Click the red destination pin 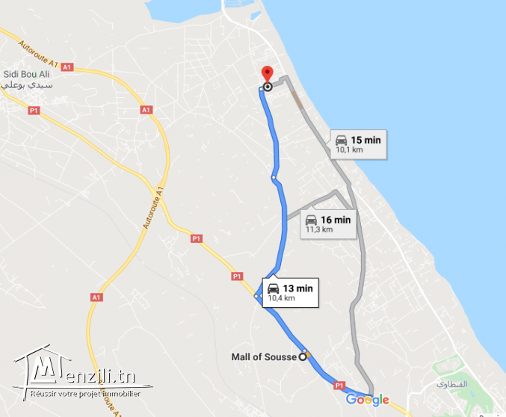click(x=267, y=74)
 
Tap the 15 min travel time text click(x=366, y=140)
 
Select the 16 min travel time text click(x=336, y=220)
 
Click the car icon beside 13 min click(x=274, y=288)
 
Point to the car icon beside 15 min click(x=341, y=140)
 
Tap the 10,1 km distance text click(x=349, y=149)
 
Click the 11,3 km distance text click(x=318, y=229)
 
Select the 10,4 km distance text click(x=281, y=298)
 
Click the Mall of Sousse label click(x=263, y=357)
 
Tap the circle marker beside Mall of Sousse click(x=303, y=356)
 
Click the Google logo click(x=367, y=400)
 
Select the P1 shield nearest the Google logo click(x=338, y=386)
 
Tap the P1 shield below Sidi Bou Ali click(x=33, y=111)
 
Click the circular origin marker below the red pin click(x=267, y=87)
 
